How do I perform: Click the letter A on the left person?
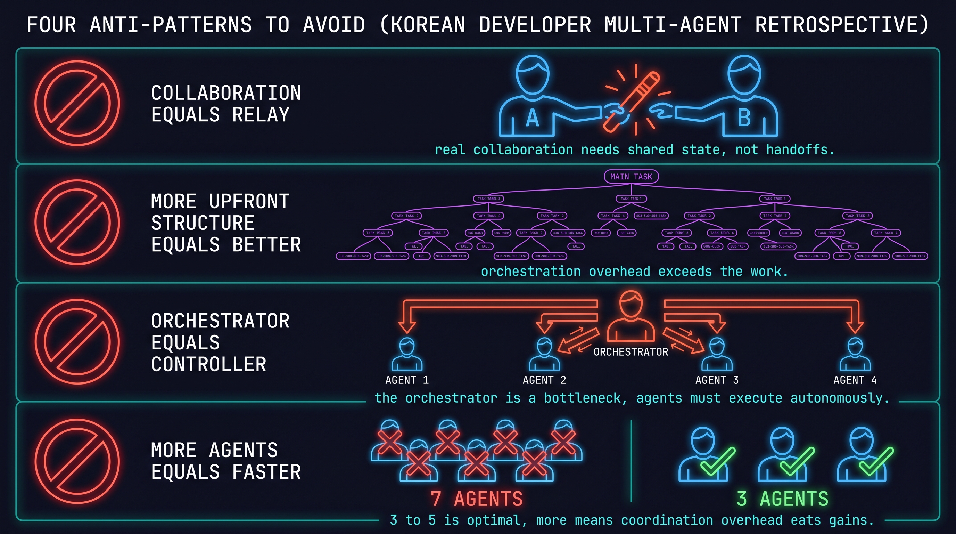tap(532, 119)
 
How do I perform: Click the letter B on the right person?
tap(744, 118)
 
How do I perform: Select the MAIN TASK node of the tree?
tap(631, 177)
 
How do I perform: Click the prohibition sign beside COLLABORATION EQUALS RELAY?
tap(77, 103)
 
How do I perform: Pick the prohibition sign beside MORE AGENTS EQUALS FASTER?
tap(77, 462)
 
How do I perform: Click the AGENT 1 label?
tap(407, 380)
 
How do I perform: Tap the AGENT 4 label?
tap(855, 380)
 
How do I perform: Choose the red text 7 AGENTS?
tap(477, 499)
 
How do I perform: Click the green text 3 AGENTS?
tap(782, 499)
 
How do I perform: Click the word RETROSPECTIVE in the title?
tap(842, 25)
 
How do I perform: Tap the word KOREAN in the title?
tap(428, 25)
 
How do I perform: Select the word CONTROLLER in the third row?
tap(208, 364)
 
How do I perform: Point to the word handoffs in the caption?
tap(800, 149)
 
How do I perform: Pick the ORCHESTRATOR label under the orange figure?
tap(631, 352)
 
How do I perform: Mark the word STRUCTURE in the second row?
tap(203, 223)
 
